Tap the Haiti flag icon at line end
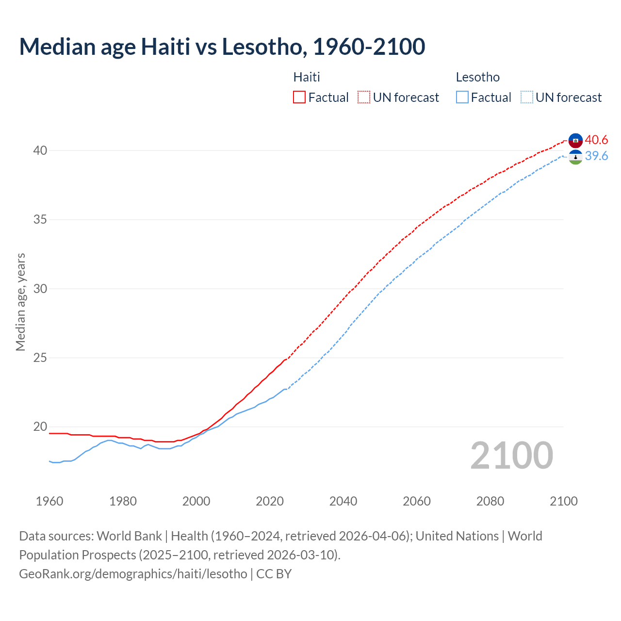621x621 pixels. coord(575,140)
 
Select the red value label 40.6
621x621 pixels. coord(596,140)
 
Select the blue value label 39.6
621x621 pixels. coord(596,156)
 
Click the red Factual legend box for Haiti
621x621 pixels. coord(299,97)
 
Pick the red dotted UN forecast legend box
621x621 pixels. coord(364,97)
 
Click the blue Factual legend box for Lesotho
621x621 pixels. coord(462,97)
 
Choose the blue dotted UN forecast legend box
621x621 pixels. coord(527,97)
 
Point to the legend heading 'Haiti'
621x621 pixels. coord(307,77)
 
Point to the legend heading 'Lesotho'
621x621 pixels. coord(478,77)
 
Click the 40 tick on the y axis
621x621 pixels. coord(40,150)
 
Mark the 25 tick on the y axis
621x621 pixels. coord(40,358)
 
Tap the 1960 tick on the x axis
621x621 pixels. coord(49,501)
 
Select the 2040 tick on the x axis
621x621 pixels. coord(343,501)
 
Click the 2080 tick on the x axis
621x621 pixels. coord(490,501)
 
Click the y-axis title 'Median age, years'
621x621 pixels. coord(20,302)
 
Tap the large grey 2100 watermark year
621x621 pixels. coord(511,455)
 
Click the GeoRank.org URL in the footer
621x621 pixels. coord(133,573)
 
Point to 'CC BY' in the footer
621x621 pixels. coord(274,573)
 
